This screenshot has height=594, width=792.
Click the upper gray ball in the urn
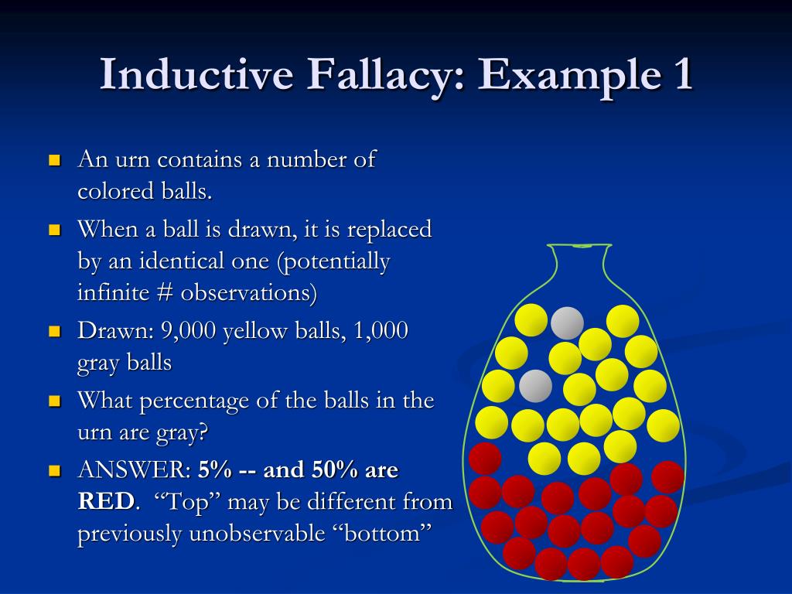(567, 323)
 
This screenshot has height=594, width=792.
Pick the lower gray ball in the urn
(535, 385)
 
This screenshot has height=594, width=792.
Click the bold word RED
(106, 501)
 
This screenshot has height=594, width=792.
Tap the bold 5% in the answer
(216, 469)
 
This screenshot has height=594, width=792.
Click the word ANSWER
(133, 469)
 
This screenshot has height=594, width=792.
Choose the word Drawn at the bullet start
(116, 331)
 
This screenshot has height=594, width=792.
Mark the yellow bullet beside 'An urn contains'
(54, 161)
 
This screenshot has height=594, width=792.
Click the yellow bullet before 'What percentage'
(54, 401)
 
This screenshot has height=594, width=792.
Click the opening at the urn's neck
(579, 246)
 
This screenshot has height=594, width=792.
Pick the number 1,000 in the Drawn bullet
(380, 331)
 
